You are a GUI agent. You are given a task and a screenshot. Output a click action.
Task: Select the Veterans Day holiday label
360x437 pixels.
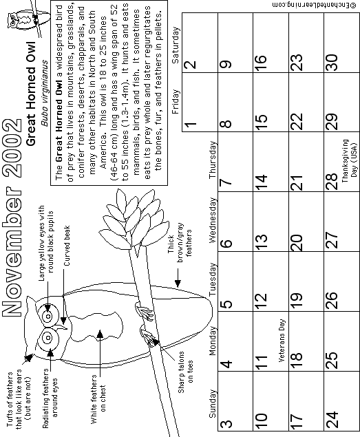point(282,340)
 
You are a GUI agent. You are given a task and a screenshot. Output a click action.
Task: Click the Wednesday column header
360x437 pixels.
point(212,220)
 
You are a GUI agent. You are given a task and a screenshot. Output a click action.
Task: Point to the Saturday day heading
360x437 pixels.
point(176,45)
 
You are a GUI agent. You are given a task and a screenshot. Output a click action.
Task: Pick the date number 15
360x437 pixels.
point(261,119)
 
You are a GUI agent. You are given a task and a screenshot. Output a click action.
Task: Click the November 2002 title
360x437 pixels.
point(12,217)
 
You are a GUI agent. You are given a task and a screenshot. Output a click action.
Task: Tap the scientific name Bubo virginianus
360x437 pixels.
point(44,93)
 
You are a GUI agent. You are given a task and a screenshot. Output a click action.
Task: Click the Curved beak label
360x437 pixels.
point(67,246)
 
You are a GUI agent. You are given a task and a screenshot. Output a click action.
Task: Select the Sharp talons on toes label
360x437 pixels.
point(185,372)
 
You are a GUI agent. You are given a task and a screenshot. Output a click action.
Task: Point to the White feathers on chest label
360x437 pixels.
point(98,399)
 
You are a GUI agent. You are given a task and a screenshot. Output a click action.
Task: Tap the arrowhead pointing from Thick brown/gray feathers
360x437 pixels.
point(178,284)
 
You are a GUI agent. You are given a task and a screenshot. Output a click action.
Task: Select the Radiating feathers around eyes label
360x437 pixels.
point(50,398)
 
